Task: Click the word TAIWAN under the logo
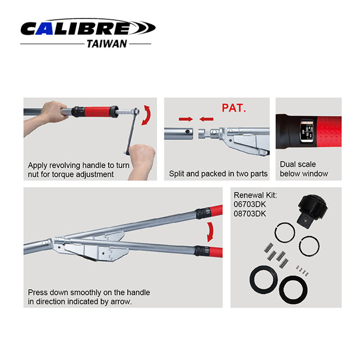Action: click(107, 44)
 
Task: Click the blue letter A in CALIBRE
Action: click(44, 29)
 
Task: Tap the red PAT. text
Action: click(233, 108)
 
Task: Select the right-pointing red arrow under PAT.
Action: click(186, 119)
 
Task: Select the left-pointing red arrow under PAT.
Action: click(206, 119)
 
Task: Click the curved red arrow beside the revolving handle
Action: click(147, 115)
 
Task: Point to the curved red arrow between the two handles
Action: click(210, 232)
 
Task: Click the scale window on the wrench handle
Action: click(306, 131)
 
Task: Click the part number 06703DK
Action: click(250, 204)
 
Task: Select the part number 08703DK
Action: click(250, 214)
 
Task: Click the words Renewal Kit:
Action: click(255, 195)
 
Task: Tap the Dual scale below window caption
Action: click(304, 169)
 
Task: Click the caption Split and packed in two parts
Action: click(218, 174)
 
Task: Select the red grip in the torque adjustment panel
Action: click(97, 112)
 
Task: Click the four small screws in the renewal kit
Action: click(302, 271)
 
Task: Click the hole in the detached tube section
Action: click(187, 132)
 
